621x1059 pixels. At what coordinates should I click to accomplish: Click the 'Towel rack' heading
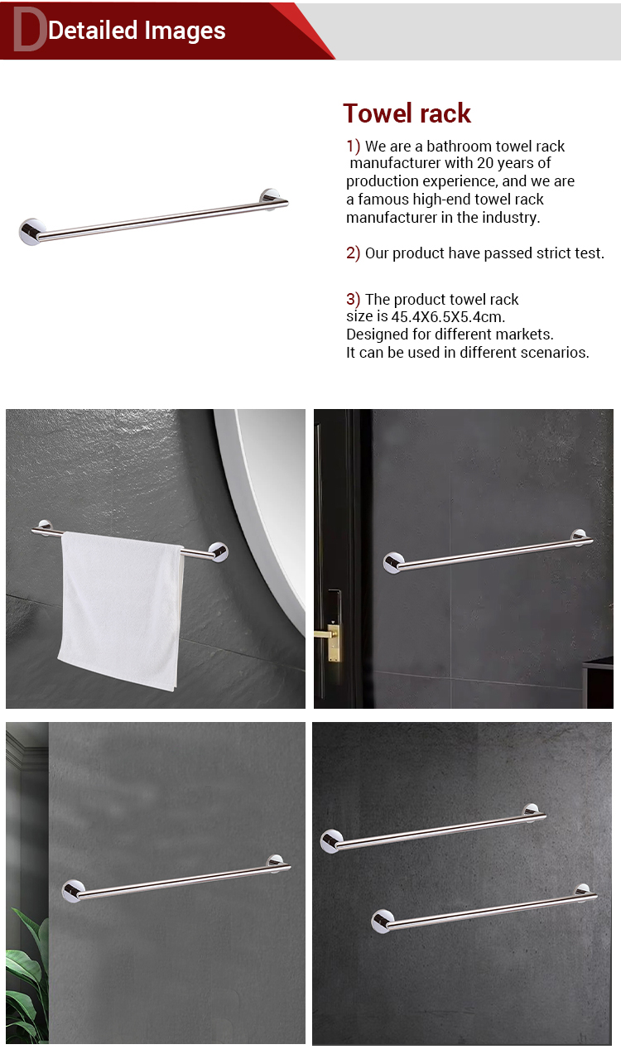pyautogui.click(x=407, y=113)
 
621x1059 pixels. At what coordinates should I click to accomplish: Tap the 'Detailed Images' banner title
pyautogui.click(x=137, y=31)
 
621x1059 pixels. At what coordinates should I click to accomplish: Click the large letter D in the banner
pyautogui.click(x=29, y=29)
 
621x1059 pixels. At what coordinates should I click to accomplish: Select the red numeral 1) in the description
pyautogui.click(x=353, y=146)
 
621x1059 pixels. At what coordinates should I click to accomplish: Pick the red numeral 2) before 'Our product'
pyautogui.click(x=353, y=253)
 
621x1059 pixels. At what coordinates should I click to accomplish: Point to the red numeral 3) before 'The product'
pyautogui.click(x=353, y=299)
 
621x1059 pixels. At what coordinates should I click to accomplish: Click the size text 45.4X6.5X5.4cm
pyautogui.click(x=448, y=317)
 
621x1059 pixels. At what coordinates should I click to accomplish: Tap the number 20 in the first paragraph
pyautogui.click(x=485, y=163)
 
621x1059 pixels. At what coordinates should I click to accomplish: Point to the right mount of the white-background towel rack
pyautogui.click(x=270, y=199)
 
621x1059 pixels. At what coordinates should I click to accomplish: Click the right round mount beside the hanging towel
pyautogui.click(x=219, y=551)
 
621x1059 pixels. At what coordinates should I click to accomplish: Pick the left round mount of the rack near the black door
pyautogui.click(x=392, y=562)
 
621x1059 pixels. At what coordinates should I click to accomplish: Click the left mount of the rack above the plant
pyautogui.click(x=73, y=891)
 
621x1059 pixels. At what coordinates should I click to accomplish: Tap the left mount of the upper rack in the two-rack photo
pyautogui.click(x=331, y=841)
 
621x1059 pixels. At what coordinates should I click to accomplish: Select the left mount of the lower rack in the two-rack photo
pyautogui.click(x=383, y=921)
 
